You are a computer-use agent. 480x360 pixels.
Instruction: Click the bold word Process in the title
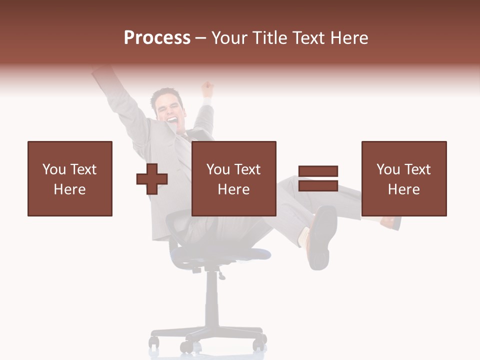pyautogui.click(x=157, y=38)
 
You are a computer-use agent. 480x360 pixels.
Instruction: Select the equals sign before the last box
pyautogui.click(x=318, y=178)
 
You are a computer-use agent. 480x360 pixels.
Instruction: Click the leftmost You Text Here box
pyautogui.click(x=70, y=178)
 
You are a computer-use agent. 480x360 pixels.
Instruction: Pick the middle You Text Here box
pyautogui.click(x=234, y=178)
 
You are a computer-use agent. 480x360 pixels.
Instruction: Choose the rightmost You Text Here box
pyautogui.click(x=404, y=178)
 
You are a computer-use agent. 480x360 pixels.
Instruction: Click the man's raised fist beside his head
pyautogui.click(x=206, y=90)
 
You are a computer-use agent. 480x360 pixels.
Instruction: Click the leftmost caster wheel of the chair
pyautogui.click(x=154, y=342)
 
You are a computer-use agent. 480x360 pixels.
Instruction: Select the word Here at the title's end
pyautogui.click(x=348, y=38)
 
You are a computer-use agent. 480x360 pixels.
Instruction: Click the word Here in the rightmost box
pyautogui.click(x=404, y=189)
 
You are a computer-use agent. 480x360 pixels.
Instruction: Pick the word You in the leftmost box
pyautogui.click(x=54, y=169)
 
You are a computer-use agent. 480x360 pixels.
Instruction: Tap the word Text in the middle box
pyautogui.click(x=247, y=169)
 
